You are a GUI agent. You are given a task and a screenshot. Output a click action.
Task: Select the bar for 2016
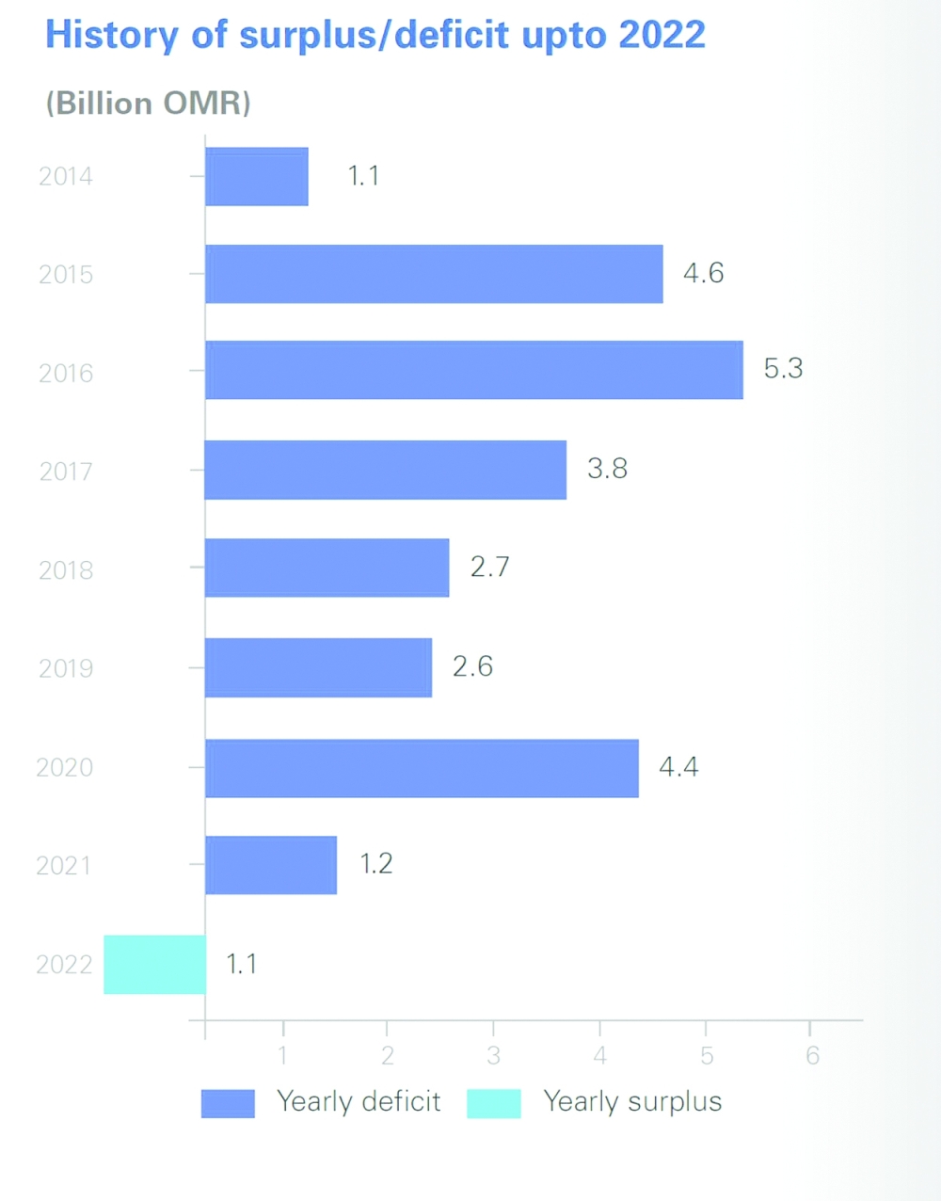473,371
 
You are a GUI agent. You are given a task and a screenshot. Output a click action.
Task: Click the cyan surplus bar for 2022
155,965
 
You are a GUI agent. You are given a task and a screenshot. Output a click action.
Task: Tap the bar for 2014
257,177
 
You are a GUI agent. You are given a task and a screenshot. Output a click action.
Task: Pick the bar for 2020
422,768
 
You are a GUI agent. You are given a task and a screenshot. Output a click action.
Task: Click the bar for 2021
271,865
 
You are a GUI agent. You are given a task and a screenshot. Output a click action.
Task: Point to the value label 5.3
783,368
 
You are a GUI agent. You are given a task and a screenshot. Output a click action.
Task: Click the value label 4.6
703,273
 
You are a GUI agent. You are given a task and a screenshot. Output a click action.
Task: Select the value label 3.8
607,469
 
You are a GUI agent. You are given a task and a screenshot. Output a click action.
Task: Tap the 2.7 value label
489,567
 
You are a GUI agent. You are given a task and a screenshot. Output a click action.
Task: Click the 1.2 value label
375,864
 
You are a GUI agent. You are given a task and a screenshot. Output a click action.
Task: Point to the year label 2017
66,472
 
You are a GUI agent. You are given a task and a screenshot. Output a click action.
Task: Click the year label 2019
66,668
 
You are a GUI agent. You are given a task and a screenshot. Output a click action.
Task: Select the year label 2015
66,275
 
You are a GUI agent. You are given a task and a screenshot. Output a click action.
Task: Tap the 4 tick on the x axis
599,1055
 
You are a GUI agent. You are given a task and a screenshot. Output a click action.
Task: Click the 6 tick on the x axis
812,1055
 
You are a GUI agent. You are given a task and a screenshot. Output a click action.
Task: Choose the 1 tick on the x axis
282,1055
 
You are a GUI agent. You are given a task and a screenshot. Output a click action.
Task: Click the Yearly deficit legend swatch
228,1103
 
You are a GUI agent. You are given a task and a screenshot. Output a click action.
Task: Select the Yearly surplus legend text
632,1102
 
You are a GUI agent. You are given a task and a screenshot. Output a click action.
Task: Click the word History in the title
112,36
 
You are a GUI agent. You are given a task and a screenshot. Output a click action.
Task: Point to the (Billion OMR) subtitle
149,103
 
